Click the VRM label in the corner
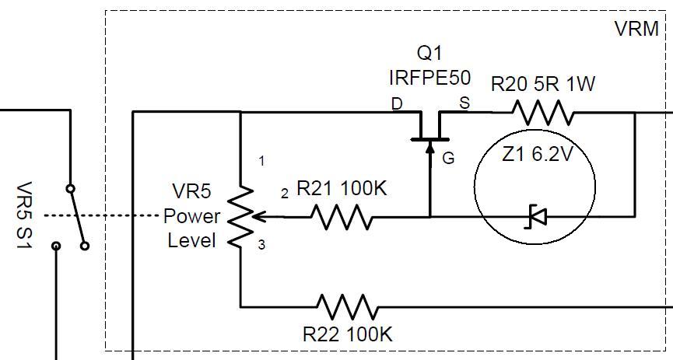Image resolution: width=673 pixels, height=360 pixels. coord(636,30)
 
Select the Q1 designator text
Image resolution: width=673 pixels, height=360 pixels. coord(429,54)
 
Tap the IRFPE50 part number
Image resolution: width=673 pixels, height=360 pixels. coord(425,77)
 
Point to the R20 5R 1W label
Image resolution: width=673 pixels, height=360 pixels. coord(543,84)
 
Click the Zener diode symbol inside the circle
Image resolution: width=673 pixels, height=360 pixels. coord(536,216)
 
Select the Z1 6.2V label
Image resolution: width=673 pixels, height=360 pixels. coord(538,155)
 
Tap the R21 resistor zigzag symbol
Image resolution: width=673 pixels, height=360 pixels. coord(342,217)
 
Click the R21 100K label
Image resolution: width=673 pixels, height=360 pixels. coord(342,188)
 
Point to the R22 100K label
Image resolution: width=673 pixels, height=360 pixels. coord(348,335)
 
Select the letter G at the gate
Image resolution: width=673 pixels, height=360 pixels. coord(448,159)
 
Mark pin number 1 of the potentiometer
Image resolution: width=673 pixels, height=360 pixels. coord(262,161)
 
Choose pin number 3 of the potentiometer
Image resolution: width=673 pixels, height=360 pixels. coord(262,245)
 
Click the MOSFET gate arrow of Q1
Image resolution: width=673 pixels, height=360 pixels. coord(429,149)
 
